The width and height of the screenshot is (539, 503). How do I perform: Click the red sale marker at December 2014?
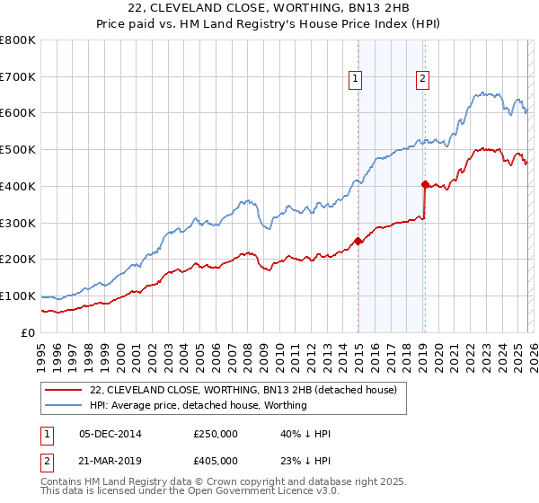pos(358,241)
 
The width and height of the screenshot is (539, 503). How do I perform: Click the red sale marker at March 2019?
pos(425,184)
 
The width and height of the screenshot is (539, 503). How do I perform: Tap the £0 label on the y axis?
pos(27,332)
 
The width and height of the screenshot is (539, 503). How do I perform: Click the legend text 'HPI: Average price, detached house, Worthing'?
pos(199,405)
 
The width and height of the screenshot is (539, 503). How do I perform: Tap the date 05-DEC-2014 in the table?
pos(110,434)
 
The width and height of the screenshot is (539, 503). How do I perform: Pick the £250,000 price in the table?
pos(215,434)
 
